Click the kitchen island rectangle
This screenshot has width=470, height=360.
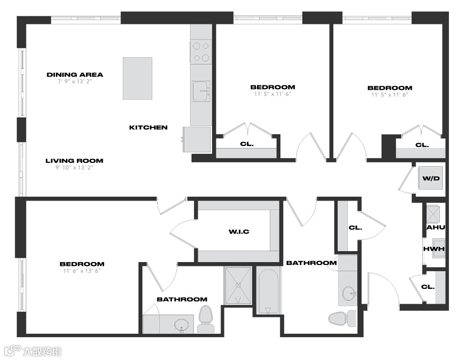pyautogui.click(x=137, y=78)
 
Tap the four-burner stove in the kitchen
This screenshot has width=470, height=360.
pyautogui.click(x=201, y=52)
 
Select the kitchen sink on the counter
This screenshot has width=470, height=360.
pyautogui.click(x=201, y=91)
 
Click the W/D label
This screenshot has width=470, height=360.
pyautogui.click(x=431, y=179)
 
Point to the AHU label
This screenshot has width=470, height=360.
pyautogui.click(x=436, y=228)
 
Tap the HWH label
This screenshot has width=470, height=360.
pyautogui.click(x=434, y=249)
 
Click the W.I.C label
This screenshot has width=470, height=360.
pyautogui.click(x=239, y=232)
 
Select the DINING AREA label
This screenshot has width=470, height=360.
pyautogui.click(x=75, y=74)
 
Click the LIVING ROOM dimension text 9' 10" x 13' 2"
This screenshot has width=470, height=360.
pyautogui.click(x=75, y=168)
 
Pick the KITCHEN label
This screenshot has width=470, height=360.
pyautogui.click(x=148, y=127)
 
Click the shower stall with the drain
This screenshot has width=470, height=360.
pyautogui.click(x=238, y=286)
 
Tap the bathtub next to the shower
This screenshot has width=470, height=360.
pyautogui.click(x=268, y=291)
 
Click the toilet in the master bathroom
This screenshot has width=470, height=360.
pyautogui.click(x=205, y=318)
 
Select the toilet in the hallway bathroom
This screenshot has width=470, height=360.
pyautogui.click(x=342, y=318)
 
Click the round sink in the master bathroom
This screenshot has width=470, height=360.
pyautogui.click(x=182, y=325)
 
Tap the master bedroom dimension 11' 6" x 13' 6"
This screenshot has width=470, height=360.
pyautogui.click(x=82, y=271)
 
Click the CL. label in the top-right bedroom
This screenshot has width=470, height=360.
pyautogui.click(x=422, y=145)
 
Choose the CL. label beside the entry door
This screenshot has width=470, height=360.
pyautogui.click(x=428, y=287)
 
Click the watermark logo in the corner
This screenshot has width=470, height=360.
pyautogui.click(x=33, y=351)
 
